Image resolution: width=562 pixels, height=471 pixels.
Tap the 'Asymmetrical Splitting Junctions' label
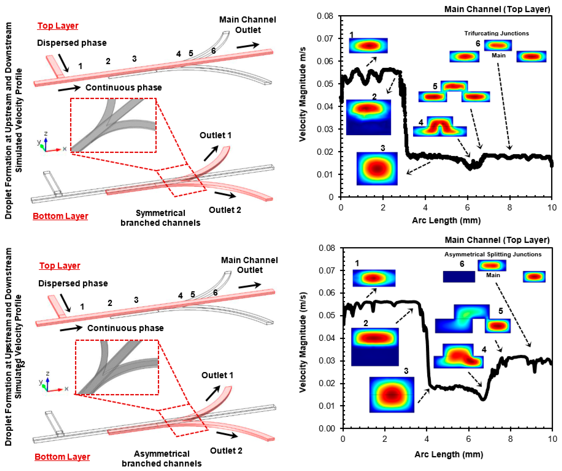coord(493,254)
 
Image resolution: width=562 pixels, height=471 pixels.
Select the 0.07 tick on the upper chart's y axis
coord(325,39)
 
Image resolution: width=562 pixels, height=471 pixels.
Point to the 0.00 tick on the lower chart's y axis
coord(326,429)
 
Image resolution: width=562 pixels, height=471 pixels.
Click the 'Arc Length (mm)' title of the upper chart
coord(446,220)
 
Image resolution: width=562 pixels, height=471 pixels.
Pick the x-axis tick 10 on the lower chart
coord(552,439)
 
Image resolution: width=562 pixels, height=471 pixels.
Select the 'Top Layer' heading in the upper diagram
coord(58,26)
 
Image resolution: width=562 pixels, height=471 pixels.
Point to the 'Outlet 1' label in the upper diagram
coord(215,135)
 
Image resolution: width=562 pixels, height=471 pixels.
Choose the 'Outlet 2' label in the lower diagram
coord(226,451)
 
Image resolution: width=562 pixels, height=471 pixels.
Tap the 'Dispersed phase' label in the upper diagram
coord(72,43)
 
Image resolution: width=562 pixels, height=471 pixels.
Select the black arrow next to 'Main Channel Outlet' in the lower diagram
coord(249,286)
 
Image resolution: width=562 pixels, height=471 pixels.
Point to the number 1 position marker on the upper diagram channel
coord(80,66)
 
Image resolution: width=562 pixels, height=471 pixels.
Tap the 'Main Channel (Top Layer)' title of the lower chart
coord(497,240)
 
